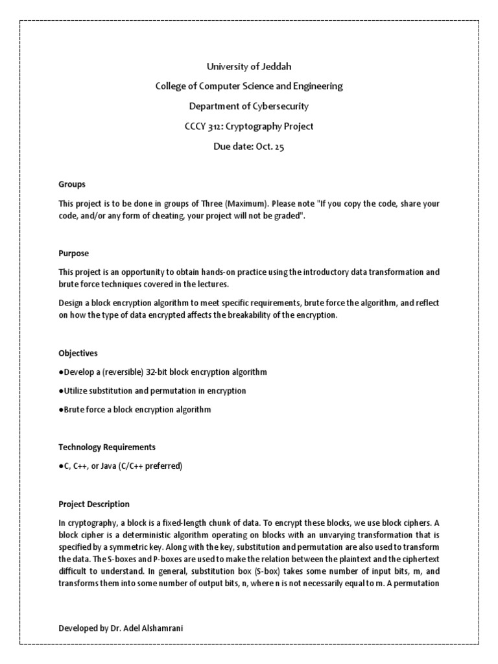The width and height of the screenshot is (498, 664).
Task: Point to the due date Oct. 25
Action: click(x=268, y=147)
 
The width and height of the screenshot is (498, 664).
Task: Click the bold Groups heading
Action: click(x=72, y=185)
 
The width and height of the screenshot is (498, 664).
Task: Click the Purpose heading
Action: click(x=74, y=254)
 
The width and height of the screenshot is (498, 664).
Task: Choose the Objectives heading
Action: click(x=78, y=353)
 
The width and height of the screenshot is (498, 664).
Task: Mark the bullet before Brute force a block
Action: click(x=60, y=410)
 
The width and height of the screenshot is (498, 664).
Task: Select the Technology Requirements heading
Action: click(x=107, y=447)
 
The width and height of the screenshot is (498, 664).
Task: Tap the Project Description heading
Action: click(x=94, y=504)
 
